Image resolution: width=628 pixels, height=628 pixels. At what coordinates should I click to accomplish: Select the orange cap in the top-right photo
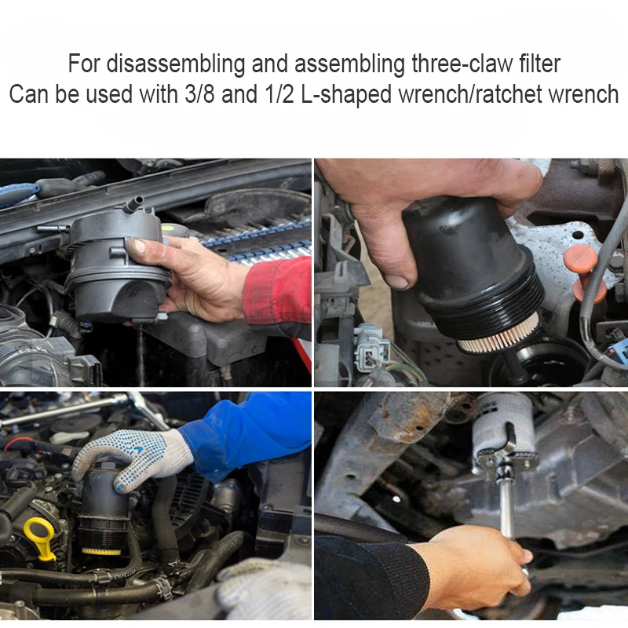point(589,271)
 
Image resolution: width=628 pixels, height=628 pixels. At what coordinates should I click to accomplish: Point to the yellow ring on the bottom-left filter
point(101,551)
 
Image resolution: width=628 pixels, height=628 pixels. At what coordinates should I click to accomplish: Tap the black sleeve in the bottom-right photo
point(369,581)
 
